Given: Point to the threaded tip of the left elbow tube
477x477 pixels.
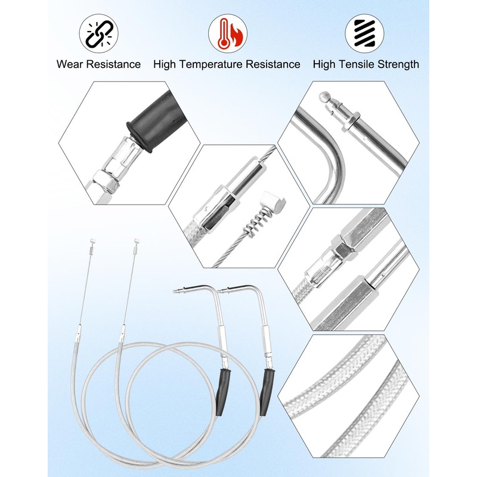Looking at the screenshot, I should pyautogui.click(x=178, y=292).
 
